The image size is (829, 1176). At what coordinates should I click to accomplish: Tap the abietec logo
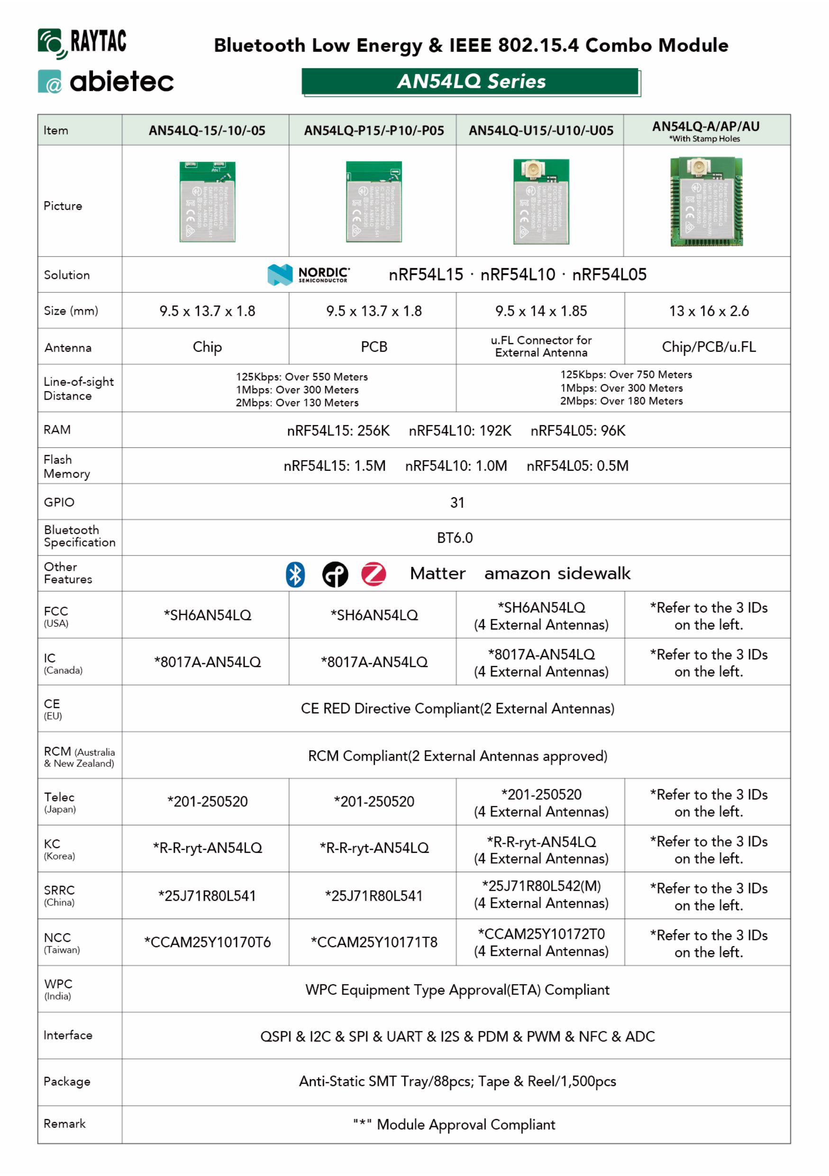[106, 82]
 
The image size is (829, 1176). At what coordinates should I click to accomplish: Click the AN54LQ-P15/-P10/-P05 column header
[374, 131]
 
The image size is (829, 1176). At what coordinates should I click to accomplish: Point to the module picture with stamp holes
[707, 201]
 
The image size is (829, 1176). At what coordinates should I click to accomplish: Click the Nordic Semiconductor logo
[308, 274]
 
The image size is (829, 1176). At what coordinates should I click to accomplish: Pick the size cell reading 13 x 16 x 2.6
[708, 311]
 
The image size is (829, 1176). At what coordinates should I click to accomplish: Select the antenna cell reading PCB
[374, 347]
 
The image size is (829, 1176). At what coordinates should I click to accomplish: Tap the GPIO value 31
[457, 502]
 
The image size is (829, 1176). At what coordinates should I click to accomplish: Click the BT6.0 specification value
[455, 538]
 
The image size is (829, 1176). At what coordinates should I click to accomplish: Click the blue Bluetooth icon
[295, 574]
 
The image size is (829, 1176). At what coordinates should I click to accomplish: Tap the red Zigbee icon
[374, 574]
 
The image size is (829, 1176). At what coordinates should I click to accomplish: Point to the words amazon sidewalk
[557, 574]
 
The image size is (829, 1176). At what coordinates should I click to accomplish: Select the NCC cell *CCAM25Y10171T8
[374, 942]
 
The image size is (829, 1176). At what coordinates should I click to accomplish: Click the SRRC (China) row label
[59, 895]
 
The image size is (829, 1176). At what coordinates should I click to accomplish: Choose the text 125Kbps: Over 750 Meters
[626, 374]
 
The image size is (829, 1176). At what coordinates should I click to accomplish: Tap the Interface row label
[68, 1035]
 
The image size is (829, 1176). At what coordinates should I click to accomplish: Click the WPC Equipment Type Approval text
[457, 990]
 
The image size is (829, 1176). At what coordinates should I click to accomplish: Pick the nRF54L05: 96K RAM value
[578, 431]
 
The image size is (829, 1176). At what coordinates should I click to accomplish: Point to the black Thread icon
[335, 574]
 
